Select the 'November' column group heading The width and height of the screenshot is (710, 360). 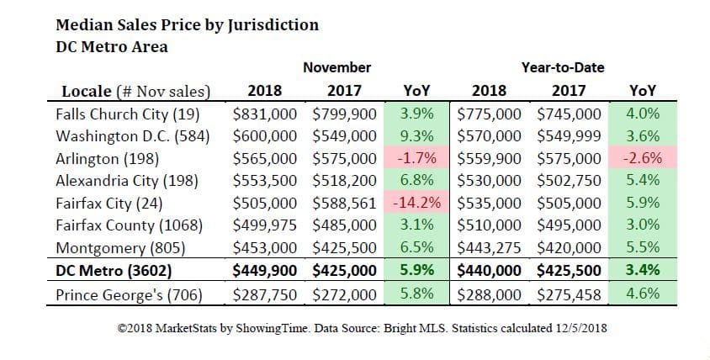[x=336, y=66]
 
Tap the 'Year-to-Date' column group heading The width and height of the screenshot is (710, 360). [x=562, y=66]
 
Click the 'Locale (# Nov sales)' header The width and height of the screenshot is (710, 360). [x=136, y=91]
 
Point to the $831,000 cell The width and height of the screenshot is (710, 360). [x=268, y=113]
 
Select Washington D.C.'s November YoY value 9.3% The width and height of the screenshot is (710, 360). [x=418, y=135]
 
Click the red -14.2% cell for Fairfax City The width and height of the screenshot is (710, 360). [x=418, y=203]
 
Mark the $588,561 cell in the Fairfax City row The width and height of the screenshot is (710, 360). [x=344, y=203]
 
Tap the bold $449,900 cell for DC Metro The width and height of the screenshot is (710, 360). [x=268, y=271]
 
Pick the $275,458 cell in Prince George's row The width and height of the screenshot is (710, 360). [x=569, y=294]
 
